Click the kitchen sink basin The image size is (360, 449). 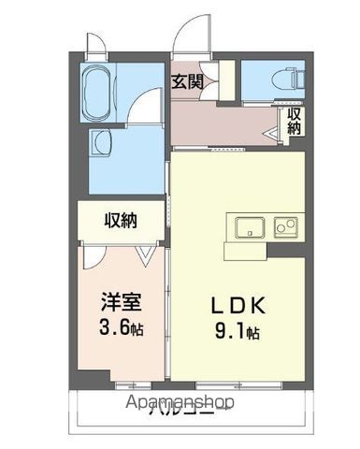click(x=249, y=228)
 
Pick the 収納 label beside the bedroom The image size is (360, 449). click(x=122, y=221)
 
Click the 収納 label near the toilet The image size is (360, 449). click(x=294, y=122)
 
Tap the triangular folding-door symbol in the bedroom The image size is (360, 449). click(x=145, y=252)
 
